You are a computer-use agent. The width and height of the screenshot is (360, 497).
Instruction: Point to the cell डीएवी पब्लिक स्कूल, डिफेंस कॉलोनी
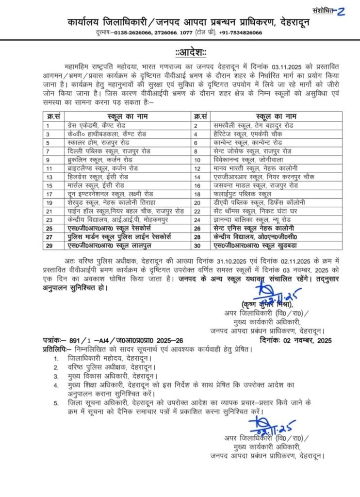point(256,201)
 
